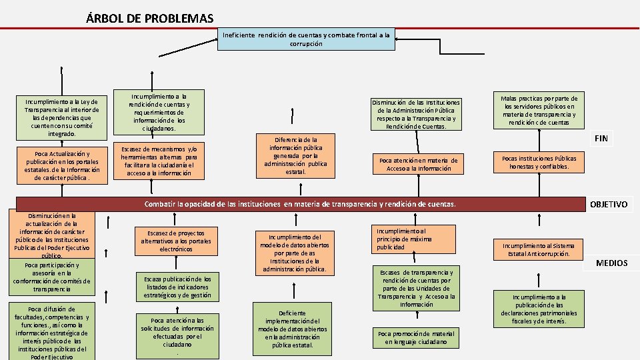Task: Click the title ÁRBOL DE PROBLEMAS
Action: [x=150, y=18]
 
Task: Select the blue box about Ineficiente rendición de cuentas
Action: [x=306, y=39]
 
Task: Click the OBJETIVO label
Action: [x=609, y=204]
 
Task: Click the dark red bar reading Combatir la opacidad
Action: [x=299, y=203]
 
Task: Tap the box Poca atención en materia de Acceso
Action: [x=419, y=164]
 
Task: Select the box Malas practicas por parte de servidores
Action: [x=539, y=110]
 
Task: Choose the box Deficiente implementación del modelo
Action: [x=292, y=329]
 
